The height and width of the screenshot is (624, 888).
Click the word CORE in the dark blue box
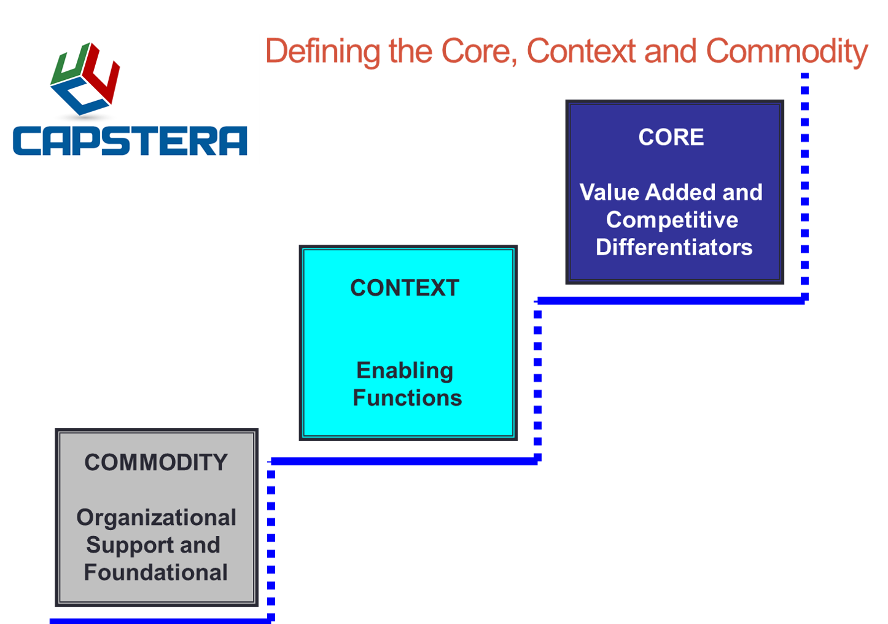(x=671, y=137)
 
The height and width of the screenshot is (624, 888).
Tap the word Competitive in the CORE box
(x=672, y=220)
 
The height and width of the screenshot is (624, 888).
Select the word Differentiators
(x=674, y=247)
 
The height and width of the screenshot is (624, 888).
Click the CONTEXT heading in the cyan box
(x=405, y=288)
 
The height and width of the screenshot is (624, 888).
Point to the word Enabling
(x=405, y=370)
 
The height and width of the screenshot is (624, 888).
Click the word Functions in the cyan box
(x=407, y=398)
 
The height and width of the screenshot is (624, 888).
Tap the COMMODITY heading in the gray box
(x=156, y=462)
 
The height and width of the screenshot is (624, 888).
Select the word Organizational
(x=156, y=518)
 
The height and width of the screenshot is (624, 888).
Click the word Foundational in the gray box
(x=156, y=572)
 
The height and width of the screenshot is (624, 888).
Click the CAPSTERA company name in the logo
(x=130, y=141)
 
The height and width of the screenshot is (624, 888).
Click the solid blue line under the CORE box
(x=669, y=300)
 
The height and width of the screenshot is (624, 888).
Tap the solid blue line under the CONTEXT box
(x=404, y=461)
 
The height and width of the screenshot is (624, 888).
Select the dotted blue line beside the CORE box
(x=804, y=184)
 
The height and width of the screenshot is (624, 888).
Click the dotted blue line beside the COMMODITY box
(x=271, y=541)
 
